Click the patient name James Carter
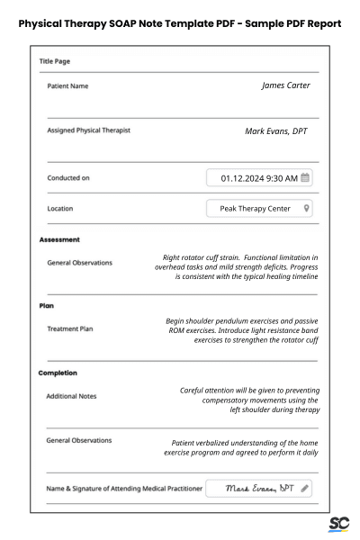[285, 85]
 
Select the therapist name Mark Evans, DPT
[275, 130]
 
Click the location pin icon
[307, 209]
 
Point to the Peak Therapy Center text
[255, 209]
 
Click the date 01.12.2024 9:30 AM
[258, 178]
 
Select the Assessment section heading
[60, 240]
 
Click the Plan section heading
[47, 306]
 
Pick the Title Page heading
[55, 61]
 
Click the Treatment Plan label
[70, 329]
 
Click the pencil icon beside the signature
[305, 489]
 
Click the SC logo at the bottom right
[339, 524]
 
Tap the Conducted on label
[68, 178]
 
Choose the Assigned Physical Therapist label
[89, 130]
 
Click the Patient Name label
[67, 86]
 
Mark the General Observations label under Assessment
[80, 263]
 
